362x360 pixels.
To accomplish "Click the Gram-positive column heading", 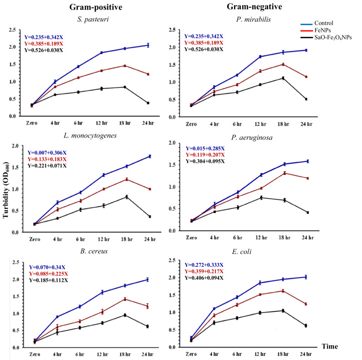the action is (96, 7).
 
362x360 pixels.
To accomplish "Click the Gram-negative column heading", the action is (255, 7).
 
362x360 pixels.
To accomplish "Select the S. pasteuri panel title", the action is (93, 19).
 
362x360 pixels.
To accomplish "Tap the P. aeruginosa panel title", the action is (252, 138).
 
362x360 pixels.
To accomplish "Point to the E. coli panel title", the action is (242, 251).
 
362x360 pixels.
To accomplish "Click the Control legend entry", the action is (317, 23).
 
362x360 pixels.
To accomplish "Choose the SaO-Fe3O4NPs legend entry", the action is (326, 37).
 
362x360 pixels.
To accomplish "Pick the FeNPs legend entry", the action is (316, 30).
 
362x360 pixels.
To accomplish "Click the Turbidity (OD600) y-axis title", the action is (5, 190).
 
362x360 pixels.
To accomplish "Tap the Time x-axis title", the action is (330, 346).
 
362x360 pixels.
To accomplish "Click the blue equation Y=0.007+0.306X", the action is (47, 153).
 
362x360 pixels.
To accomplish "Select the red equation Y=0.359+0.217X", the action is (204, 271).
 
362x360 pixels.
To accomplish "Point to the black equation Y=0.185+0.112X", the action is (48, 280).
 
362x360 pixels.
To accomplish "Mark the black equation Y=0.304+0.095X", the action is (205, 161).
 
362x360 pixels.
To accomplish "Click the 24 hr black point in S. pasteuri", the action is (148, 103).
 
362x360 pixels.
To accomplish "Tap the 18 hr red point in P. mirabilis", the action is (283, 64).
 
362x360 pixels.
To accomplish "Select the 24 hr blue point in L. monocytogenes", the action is (150, 157).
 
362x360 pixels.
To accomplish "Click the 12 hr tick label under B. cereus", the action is (102, 354).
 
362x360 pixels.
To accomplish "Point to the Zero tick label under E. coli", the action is (191, 354).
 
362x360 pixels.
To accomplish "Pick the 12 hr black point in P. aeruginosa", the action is (261, 198).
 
